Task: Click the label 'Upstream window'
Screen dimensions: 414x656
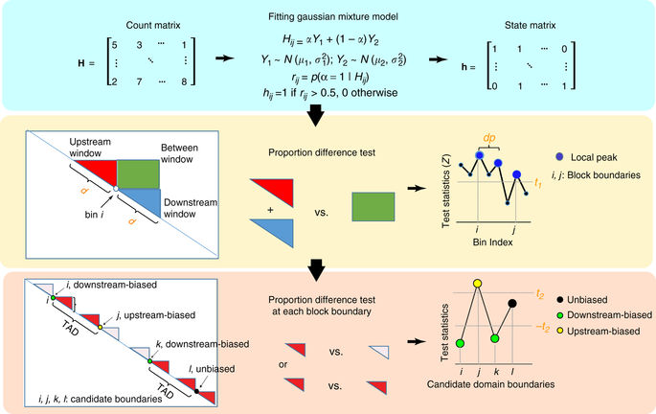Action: click(94, 146)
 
